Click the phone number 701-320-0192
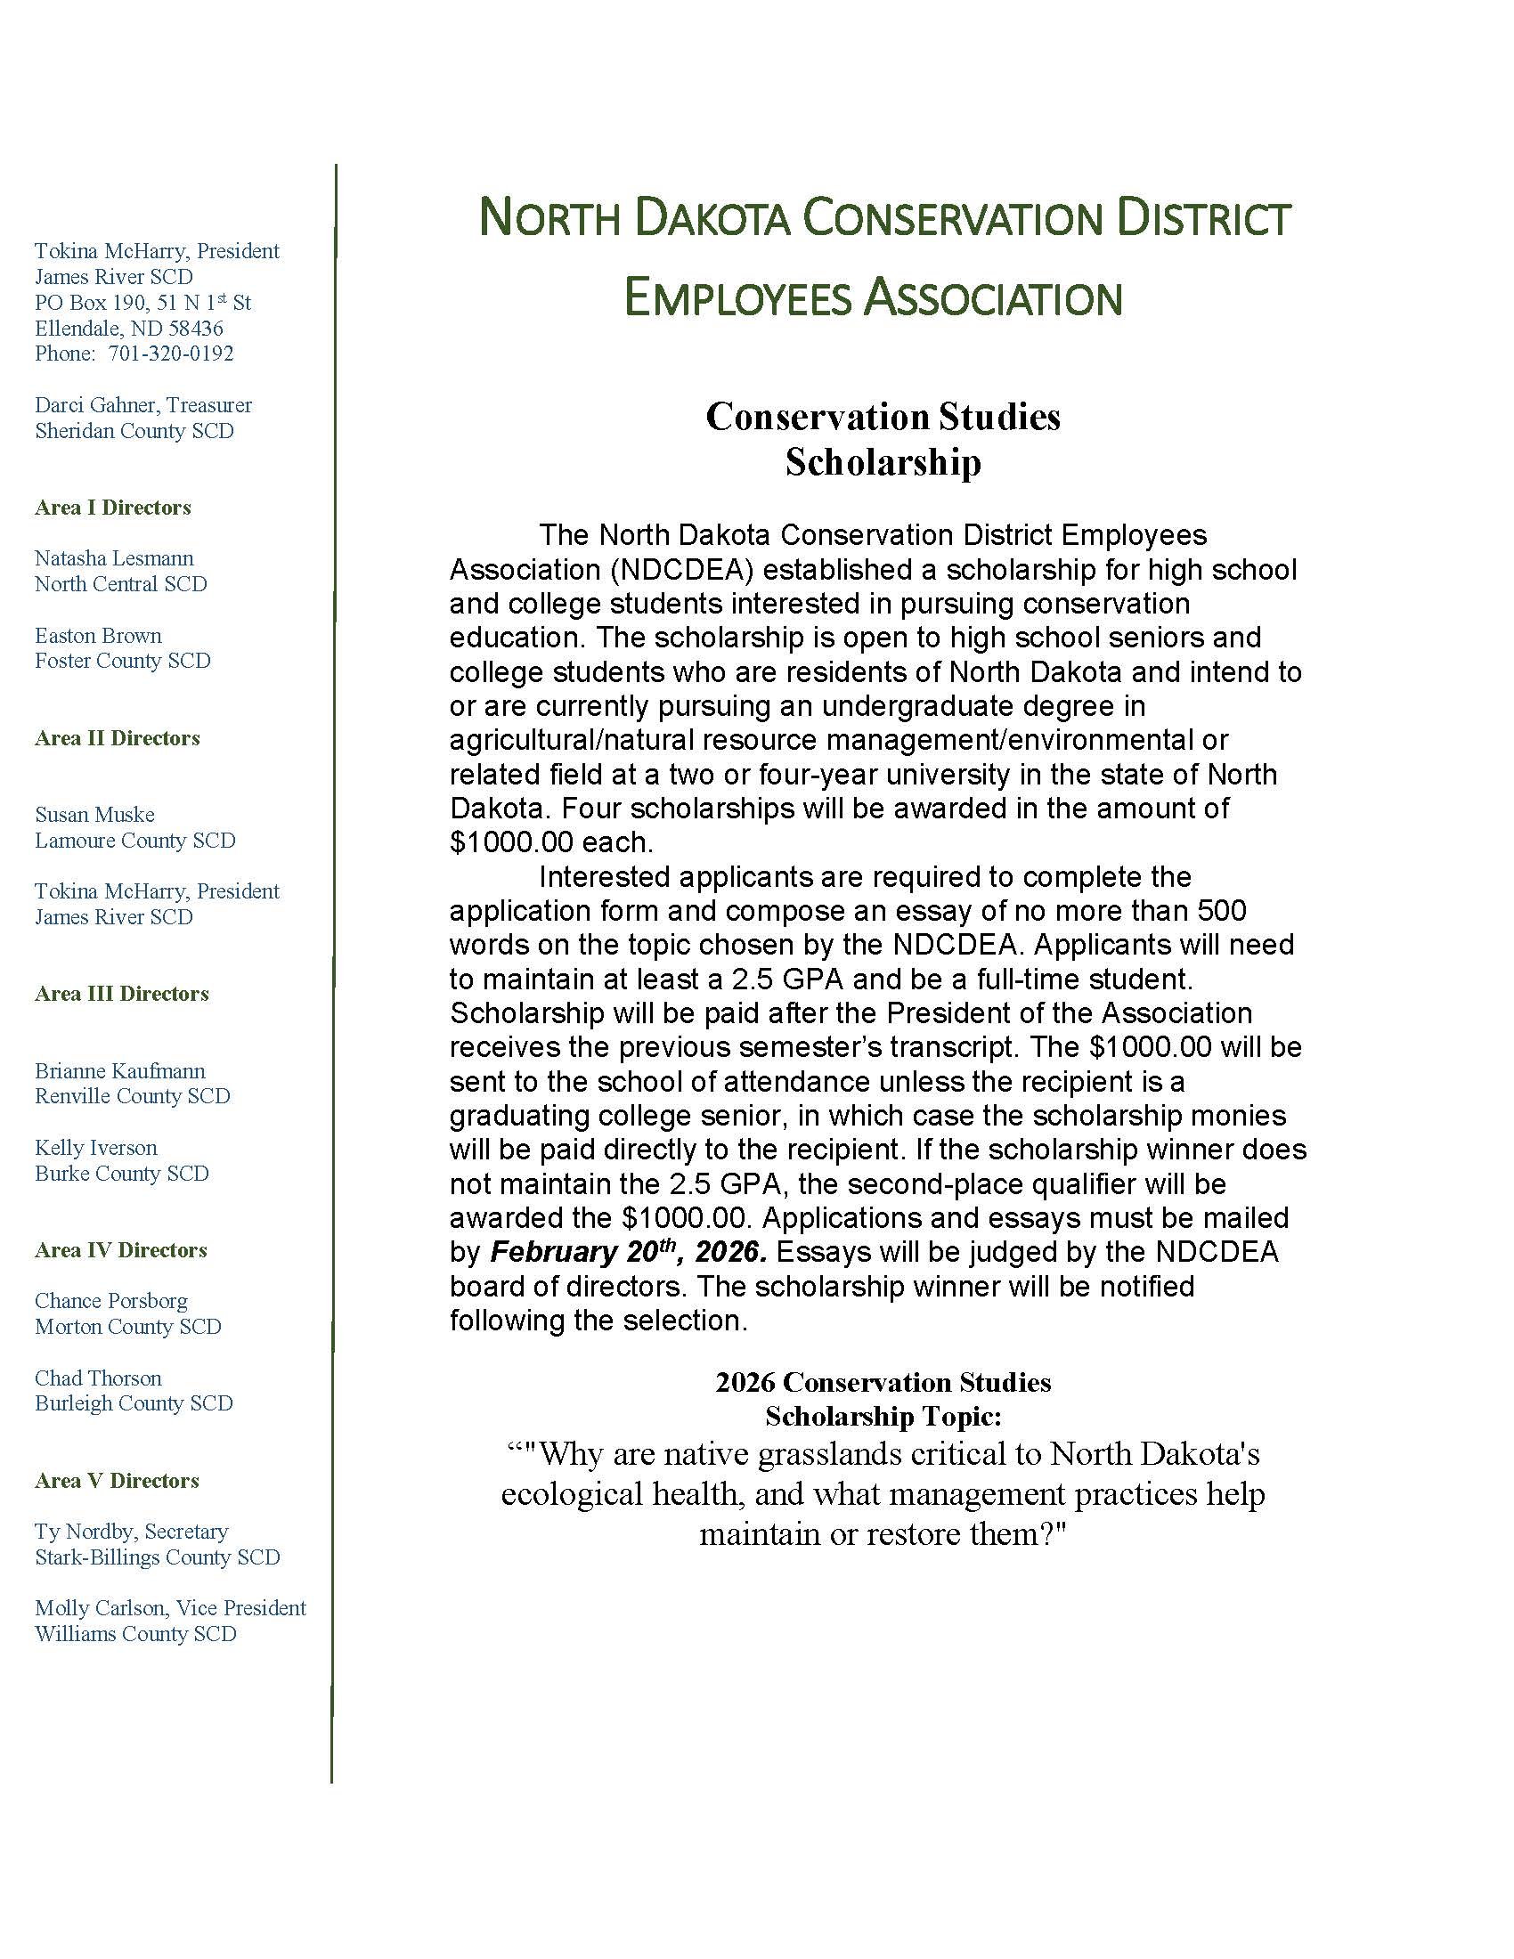(x=170, y=354)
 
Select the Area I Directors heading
(x=113, y=508)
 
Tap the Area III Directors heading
(x=122, y=994)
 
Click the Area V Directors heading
(x=117, y=1481)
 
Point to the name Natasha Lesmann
(x=114, y=558)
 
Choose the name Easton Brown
(x=99, y=636)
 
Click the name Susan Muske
(x=95, y=815)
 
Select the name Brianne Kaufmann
(x=120, y=1071)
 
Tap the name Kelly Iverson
(x=96, y=1148)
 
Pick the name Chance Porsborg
(x=111, y=1301)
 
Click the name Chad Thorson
(x=99, y=1378)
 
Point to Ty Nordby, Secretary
(x=132, y=1532)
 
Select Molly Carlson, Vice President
(x=170, y=1608)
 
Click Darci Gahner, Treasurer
(x=143, y=405)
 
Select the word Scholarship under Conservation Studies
(x=883, y=463)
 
